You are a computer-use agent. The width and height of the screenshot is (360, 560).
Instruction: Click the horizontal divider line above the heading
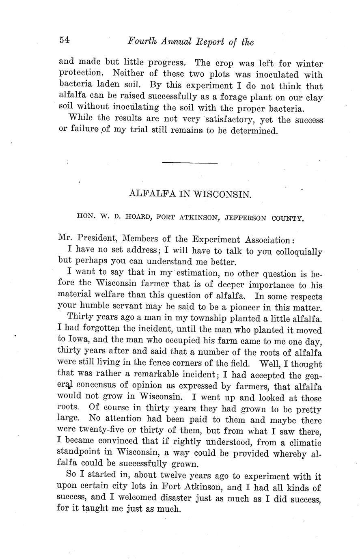coord(190,163)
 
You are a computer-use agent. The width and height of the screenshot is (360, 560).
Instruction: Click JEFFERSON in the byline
coord(246,218)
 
